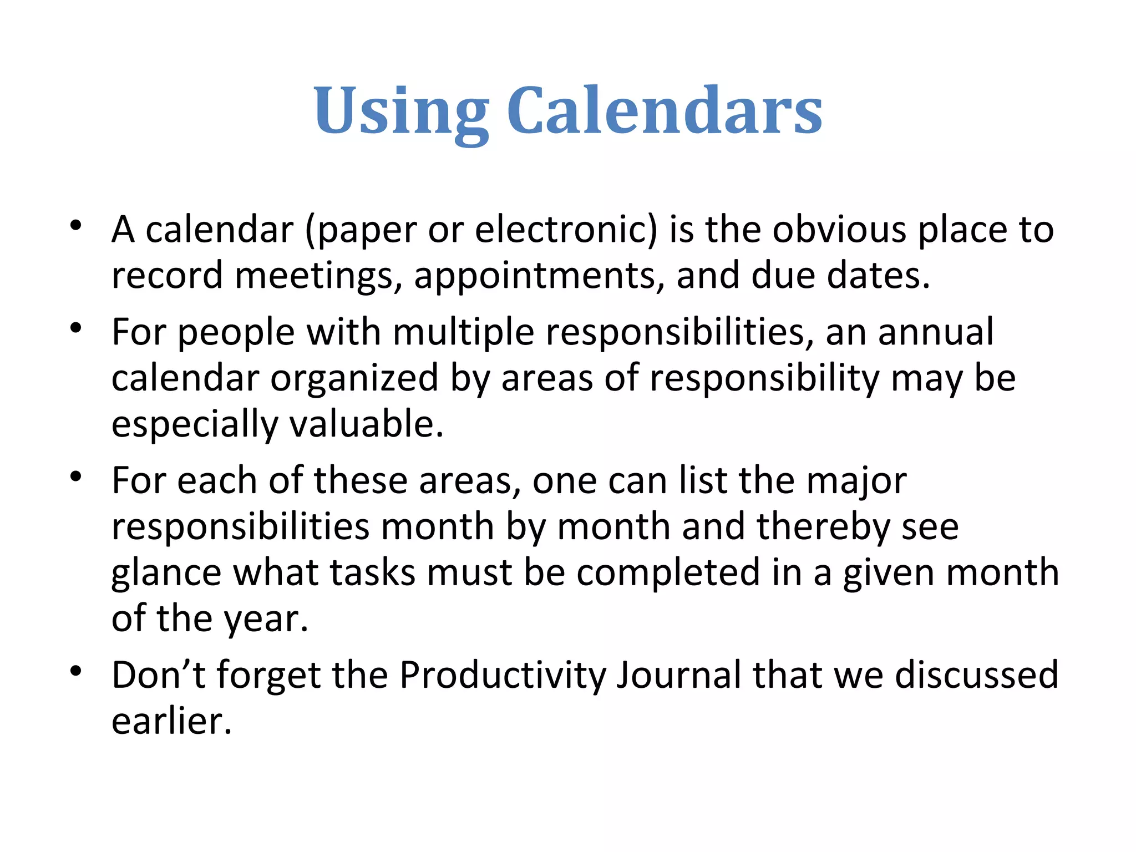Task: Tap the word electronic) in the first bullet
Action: click(566, 230)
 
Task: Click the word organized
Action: click(354, 378)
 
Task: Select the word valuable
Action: click(366, 424)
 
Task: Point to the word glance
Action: click(166, 573)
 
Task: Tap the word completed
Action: click(668, 573)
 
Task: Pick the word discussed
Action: click(976, 676)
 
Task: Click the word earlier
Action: click(171, 722)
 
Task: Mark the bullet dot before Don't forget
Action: click(76, 672)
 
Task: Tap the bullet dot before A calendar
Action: click(76, 226)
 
